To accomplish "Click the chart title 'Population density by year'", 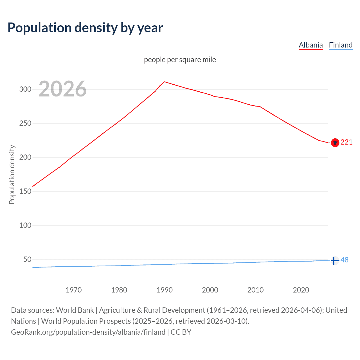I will tap(85, 28).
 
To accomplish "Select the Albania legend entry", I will tap(310, 45).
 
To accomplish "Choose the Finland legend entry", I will tap(341, 45).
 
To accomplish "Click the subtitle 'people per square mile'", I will tap(180, 60).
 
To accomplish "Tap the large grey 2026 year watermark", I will tap(62, 89).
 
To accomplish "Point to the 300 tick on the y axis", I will tap(25, 89).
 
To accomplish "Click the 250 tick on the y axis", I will tap(25, 123).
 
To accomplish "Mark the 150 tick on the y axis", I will tap(25, 192).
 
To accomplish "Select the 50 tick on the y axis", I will tap(27, 259).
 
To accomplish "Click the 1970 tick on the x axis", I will tap(74, 290).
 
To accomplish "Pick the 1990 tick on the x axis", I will tap(165, 290).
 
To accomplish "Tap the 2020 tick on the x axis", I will tap(301, 290).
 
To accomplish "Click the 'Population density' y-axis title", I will tap(12, 174).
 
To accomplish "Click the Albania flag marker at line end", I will tap(335, 143).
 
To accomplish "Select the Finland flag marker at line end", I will tap(335, 261).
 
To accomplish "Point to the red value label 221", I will tap(346, 142).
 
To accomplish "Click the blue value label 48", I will tap(345, 260).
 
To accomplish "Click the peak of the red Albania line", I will tap(164, 82).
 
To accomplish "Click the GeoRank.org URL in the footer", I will tap(88, 332).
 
